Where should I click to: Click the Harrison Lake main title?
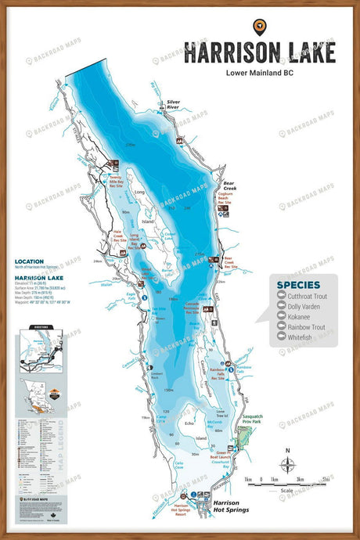tap(259, 52)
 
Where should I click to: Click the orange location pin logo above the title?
tap(259, 26)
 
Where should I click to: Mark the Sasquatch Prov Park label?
tap(255, 420)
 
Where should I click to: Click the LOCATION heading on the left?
tap(29, 262)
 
